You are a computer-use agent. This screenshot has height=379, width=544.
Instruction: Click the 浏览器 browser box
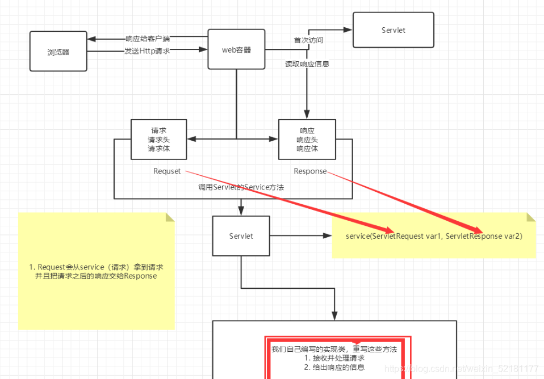coord(58,52)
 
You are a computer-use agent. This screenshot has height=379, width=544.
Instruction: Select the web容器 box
coord(236,50)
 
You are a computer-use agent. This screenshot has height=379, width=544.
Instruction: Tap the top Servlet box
coord(393,30)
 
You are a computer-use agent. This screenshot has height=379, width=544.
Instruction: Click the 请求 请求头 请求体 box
coord(158,140)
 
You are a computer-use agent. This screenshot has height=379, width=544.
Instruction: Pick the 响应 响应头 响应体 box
coord(307,140)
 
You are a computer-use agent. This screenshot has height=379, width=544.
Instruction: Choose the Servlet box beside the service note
coord(241,235)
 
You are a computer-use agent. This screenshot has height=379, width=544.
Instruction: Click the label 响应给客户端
coord(148,39)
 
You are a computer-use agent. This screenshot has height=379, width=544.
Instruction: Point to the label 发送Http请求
coord(147,51)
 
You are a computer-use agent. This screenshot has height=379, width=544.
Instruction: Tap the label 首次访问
coord(308,40)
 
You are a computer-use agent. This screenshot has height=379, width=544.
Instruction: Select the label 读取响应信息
coord(307,64)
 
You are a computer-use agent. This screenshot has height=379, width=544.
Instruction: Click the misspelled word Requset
coord(167,171)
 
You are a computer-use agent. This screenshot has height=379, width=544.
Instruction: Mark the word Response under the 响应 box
coord(310,171)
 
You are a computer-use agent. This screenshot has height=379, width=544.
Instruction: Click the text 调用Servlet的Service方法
coord(241,187)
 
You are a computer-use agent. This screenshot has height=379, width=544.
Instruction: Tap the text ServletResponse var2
coord(484,236)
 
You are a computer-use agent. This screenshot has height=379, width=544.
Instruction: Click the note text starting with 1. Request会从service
coord(97,271)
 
